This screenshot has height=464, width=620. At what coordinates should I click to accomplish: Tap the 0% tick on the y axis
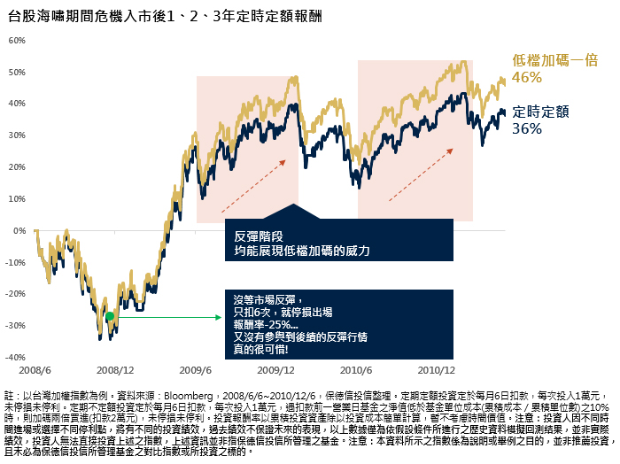tap(18, 230)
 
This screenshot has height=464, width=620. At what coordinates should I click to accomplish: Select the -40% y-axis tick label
tap(14, 357)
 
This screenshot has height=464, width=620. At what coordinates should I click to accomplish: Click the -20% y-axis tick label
tap(14, 293)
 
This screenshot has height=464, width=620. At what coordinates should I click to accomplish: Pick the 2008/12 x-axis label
tap(115, 368)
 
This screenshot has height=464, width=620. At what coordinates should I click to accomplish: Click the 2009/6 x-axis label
tap(196, 368)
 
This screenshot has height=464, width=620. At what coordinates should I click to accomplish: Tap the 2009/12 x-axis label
tap(276, 368)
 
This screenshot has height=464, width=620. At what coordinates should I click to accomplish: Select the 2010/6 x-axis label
tap(356, 368)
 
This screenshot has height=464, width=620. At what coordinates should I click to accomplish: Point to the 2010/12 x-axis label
tap(437, 368)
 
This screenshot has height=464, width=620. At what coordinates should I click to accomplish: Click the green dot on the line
tap(110, 316)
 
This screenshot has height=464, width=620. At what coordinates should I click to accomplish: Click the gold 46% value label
tap(526, 78)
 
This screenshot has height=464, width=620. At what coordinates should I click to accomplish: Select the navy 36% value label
tap(526, 129)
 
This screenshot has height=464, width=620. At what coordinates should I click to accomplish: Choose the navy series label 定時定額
tap(540, 112)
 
